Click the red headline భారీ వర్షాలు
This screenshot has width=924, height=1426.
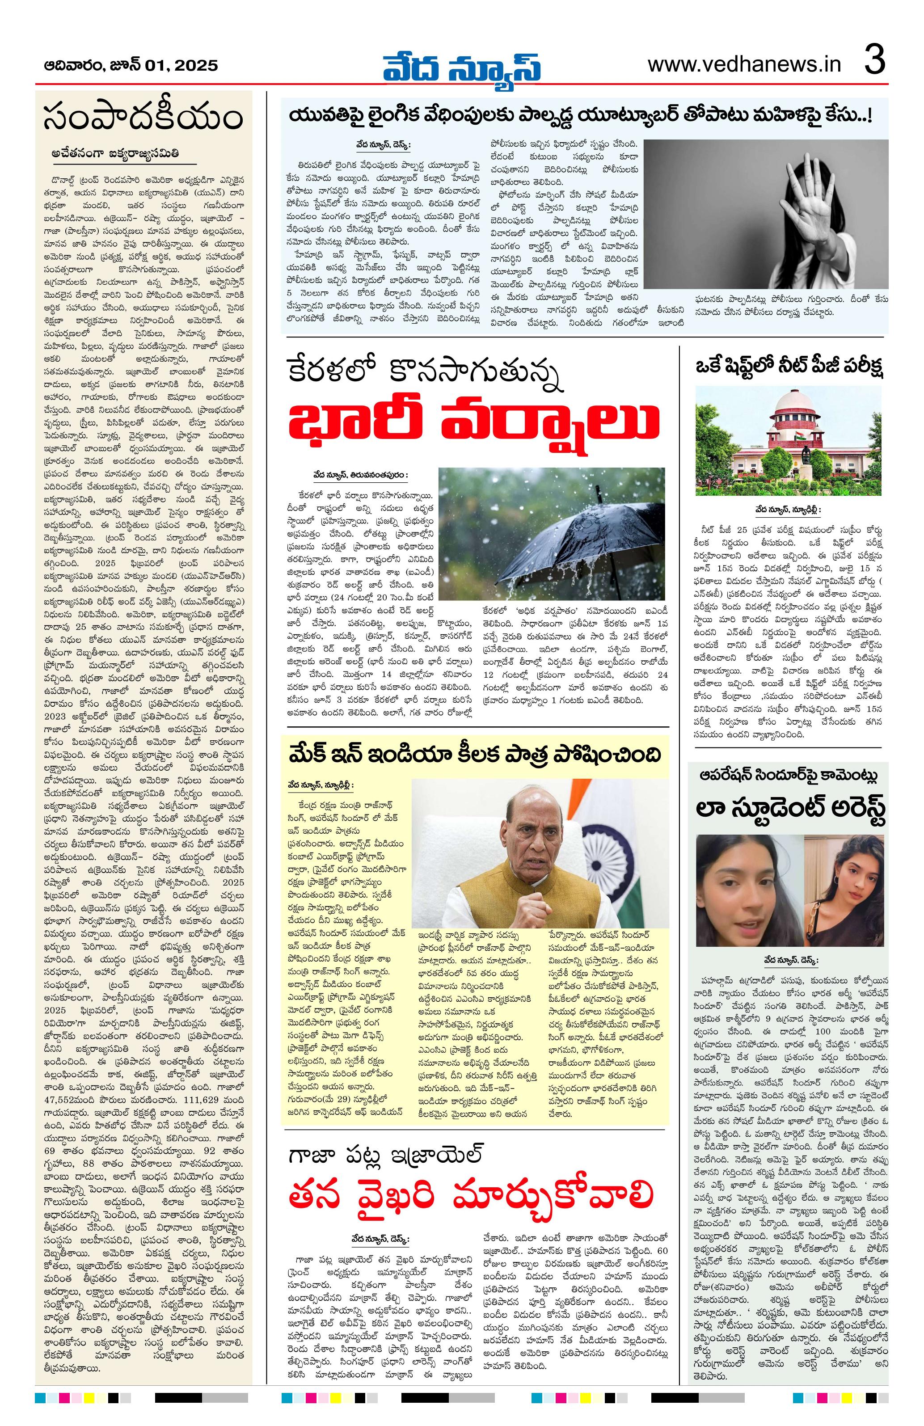coord(473,421)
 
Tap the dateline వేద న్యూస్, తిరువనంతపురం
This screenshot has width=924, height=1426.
coord(361,475)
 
